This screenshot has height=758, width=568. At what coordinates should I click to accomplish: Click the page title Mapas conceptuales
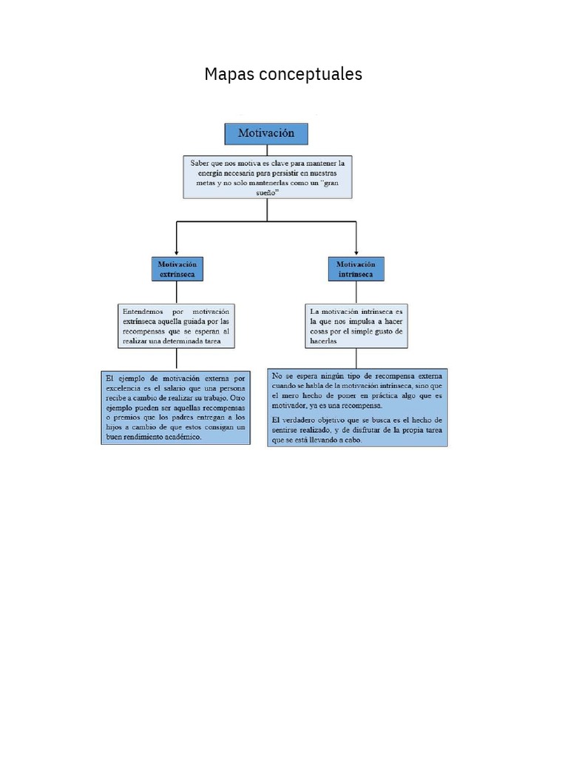(283, 74)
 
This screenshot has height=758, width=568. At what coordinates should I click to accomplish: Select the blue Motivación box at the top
(266, 133)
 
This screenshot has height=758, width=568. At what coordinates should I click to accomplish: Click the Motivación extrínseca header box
(177, 269)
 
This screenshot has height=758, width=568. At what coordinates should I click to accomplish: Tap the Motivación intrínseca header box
(356, 269)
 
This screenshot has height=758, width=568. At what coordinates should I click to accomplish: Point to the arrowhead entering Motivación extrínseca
(177, 252)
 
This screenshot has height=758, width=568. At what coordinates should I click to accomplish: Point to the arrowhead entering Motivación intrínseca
(356, 252)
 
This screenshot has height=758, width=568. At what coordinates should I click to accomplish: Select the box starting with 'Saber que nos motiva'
(267, 176)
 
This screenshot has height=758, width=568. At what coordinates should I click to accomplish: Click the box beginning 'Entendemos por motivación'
(176, 326)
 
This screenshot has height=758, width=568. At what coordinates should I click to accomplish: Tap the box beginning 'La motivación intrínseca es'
(356, 326)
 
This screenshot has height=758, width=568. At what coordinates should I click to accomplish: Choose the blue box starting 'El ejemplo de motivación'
(176, 407)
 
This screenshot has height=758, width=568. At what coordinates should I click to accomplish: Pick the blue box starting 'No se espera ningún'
(358, 407)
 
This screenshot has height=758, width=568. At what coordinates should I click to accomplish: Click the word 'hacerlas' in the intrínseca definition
(323, 342)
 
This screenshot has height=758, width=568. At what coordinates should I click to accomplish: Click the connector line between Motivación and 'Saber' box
(267, 150)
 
